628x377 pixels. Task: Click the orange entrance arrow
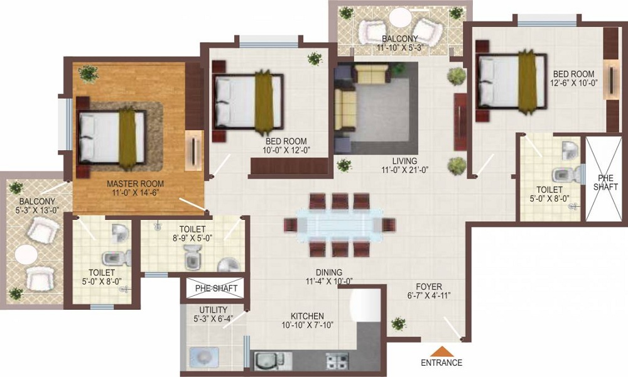pos(441,351)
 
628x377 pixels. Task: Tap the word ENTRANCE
pos(441,363)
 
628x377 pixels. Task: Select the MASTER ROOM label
pos(136,184)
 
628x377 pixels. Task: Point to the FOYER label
pos(429,287)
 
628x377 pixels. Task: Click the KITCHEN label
pos(307,316)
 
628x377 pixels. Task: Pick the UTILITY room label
pos(214,310)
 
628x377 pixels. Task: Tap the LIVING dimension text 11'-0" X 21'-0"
pos(405,170)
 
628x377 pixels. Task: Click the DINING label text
pos(329,272)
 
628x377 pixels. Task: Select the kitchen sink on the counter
pos(269,361)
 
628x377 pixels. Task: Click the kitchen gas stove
pos(337,361)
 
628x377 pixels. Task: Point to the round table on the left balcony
pos(26,255)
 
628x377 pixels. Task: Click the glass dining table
pos(340,225)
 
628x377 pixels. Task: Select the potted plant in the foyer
pos(398,324)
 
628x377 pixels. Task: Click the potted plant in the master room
pos(89,74)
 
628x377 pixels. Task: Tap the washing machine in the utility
pos(204,358)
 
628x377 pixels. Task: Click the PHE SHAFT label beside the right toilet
pos(603,183)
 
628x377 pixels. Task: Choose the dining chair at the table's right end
pos(389,225)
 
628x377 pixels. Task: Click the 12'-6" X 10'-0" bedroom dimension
pos(573,82)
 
